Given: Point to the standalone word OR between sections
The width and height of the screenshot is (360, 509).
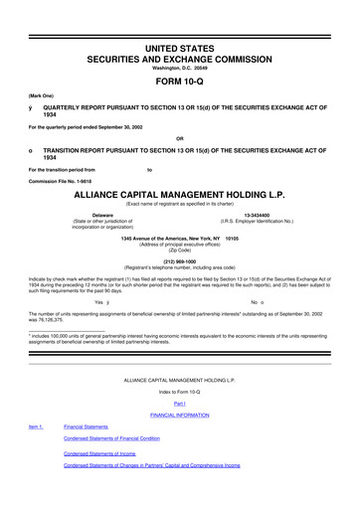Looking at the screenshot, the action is tap(180, 137).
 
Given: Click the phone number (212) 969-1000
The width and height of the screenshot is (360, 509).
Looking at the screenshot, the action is tap(180, 261).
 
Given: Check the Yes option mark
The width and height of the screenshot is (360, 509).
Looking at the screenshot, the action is tap(108, 301).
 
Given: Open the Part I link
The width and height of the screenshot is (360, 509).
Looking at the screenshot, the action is tap(180, 419).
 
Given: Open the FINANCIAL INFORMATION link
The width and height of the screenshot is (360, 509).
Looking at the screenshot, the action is tap(180, 430).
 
